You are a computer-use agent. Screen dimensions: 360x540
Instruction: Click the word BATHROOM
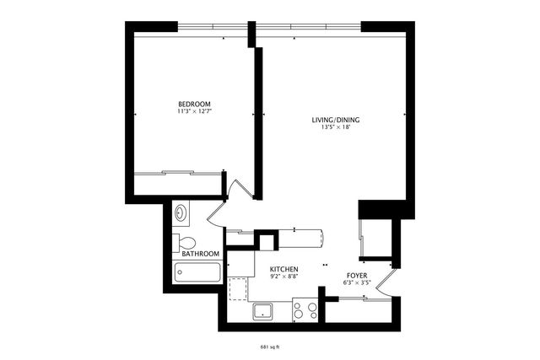tap(201, 254)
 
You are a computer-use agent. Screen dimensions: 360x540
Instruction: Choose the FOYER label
tap(356, 275)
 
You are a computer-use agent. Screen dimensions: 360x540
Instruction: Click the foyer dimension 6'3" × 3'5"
tap(356, 282)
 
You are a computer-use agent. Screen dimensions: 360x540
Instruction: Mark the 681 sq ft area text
tap(269, 347)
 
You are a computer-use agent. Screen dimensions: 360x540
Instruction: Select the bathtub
tap(197, 272)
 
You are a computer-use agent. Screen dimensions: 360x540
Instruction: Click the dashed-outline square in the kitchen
tap(240, 289)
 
